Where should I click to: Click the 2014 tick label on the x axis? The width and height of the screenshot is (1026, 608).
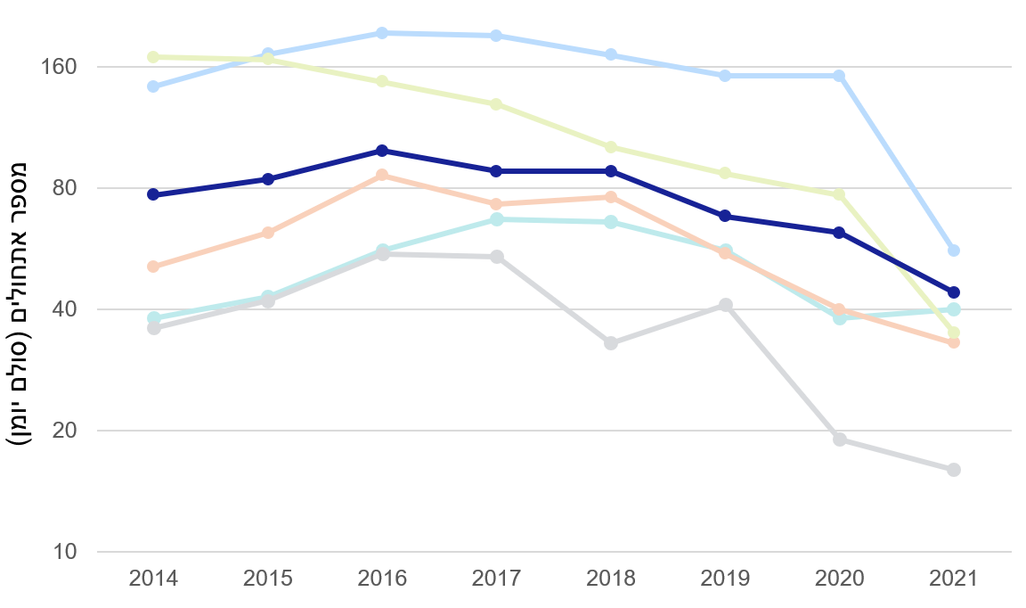pyautogui.click(x=153, y=578)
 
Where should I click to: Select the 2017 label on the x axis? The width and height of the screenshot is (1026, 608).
pyautogui.click(x=496, y=578)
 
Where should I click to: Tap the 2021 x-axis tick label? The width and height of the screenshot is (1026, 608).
pyautogui.click(x=954, y=578)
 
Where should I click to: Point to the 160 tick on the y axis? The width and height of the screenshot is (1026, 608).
pyautogui.click(x=60, y=67)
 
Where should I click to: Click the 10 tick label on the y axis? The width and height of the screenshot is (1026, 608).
pyautogui.click(x=65, y=552)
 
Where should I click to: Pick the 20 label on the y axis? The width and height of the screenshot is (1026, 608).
pyautogui.click(x=65, y=431)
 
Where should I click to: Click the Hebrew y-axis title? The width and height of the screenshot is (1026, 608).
pyautogui.click(x=20, y=303)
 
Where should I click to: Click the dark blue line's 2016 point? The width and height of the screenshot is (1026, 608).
pyautogui.click(x=382, y=151)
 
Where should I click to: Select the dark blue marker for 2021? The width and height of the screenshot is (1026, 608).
pyautogui.click(x=954, y=292)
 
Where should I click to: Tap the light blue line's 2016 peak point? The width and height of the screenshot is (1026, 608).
pyautogui.click(x=382, y=33)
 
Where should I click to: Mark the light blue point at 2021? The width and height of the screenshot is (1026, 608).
pyautogui.click(x=954, y=251)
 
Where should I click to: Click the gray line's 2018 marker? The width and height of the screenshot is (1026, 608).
pyautogui.click(x=611, y=343)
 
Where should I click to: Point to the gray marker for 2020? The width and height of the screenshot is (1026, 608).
pyautogui.click(x=840, y=440)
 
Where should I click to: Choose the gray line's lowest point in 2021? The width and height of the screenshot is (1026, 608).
pyautogui.click(x=954, y=470)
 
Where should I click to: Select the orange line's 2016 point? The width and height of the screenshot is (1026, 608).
pyautogui.click(x=382, y=175)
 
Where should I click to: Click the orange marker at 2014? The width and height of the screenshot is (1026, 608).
pyautogui.click(x=153, y=267)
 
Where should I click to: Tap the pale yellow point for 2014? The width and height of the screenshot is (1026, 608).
pyautogui.click(x=153, y=57)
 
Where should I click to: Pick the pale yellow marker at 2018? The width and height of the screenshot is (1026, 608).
pyautogui.click(x=611, y=147)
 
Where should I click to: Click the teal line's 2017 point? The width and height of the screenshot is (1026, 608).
pyautogui.click(x=496, y=219)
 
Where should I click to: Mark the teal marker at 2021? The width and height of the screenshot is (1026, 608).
pyautogui.click(x=954, y=309)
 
